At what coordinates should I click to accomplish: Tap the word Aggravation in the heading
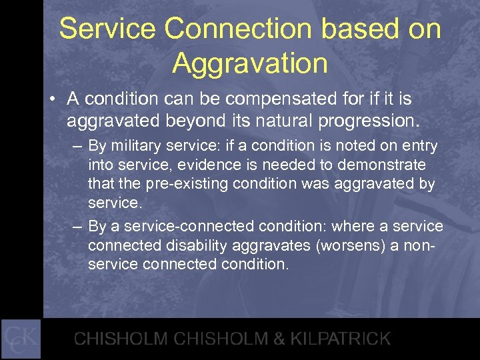(249, 64)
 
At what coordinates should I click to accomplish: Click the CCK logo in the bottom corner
(21, 339)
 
